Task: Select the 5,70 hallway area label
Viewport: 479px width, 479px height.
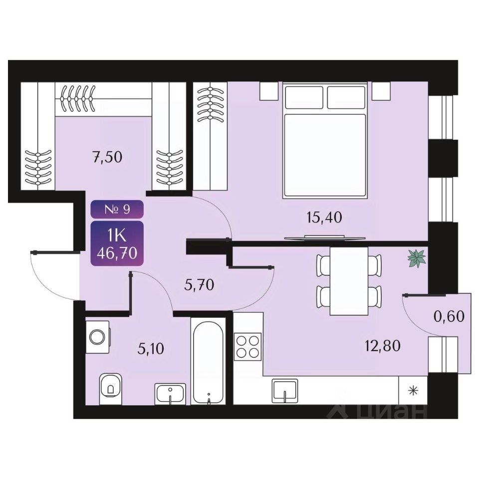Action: tap(198, 285)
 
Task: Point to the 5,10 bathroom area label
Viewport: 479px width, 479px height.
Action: tap(150, 347)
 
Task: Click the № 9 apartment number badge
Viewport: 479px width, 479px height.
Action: tap(117, 209)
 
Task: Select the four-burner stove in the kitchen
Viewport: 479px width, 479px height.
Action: tap(248, 346)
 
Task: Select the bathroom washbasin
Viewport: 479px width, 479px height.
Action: tap(171, 393)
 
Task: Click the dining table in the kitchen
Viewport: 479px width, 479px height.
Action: tap(349, 281)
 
